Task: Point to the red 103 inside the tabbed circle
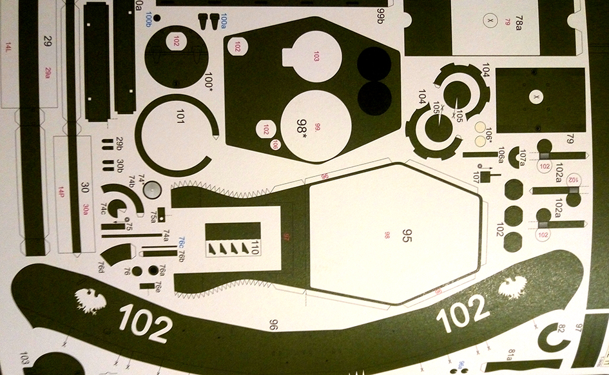coord(316,57)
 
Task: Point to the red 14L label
coord(8,48)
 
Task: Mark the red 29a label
coord(48,73)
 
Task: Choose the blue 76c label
coord(182,242)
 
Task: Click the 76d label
coord(101,265)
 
